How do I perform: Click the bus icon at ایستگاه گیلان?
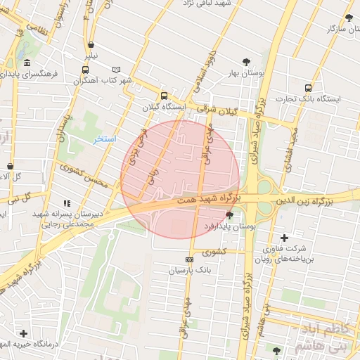[164, 96]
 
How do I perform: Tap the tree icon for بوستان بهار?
[245, 62]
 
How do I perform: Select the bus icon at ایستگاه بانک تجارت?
[308, 88]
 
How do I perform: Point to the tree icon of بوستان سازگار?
[349, 18]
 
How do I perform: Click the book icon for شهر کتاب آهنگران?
[116, 70]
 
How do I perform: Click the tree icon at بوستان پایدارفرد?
[230, 216]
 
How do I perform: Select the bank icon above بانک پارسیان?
[188, 259]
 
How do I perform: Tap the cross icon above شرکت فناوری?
[284, 238]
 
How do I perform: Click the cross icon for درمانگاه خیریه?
[23, 333]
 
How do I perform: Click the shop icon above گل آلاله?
[9, 166]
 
